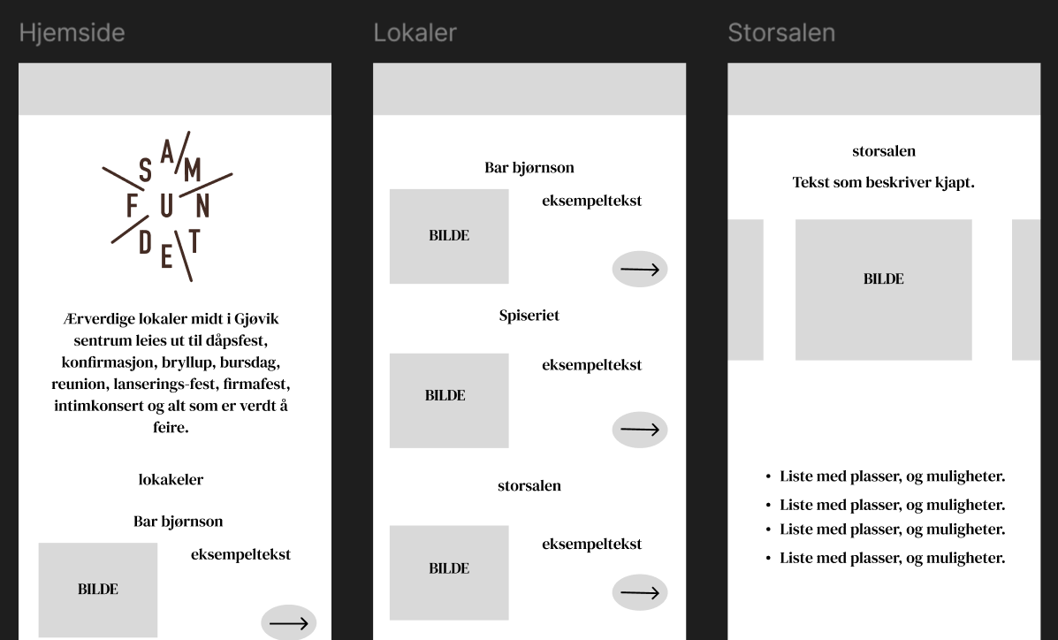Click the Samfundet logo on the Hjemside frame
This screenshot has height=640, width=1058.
click(168, 206)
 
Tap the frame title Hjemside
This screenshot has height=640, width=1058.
click(72, 33)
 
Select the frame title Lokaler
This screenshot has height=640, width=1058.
click(415, 33)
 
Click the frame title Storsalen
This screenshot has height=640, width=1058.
click(780, 33)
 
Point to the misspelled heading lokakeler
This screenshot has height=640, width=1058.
click(171, 480)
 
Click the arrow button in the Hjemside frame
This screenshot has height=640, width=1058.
click(288, 623)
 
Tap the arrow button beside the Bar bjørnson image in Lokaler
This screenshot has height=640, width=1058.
click(640, 270)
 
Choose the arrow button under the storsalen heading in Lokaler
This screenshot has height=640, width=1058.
click(640, 592)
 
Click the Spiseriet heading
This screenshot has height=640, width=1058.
click(529, 316)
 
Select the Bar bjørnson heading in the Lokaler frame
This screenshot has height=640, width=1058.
click(529, 168)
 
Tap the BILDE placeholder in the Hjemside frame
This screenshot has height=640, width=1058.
click(97, 590)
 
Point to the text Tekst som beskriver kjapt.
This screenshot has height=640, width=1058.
click(883, 183)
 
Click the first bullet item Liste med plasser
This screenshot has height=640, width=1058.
click(891, 476)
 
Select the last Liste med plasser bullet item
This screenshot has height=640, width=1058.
click(891, 558)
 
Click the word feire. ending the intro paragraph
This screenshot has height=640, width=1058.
click(171, 428)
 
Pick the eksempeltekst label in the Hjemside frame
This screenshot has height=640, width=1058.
click(240, 555)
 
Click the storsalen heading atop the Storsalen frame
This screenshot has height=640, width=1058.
click(883, 151)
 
